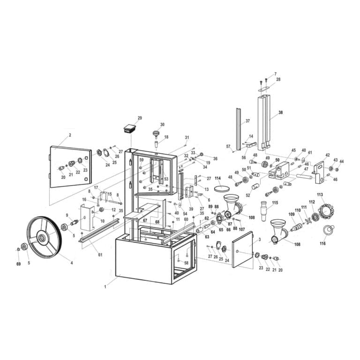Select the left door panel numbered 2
[70, 166]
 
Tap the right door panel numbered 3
[246, 251]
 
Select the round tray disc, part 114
[223, 188]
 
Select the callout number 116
[322, 244]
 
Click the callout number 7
[275, 74]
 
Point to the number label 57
[229, 147]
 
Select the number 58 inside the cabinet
[187, 263]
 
